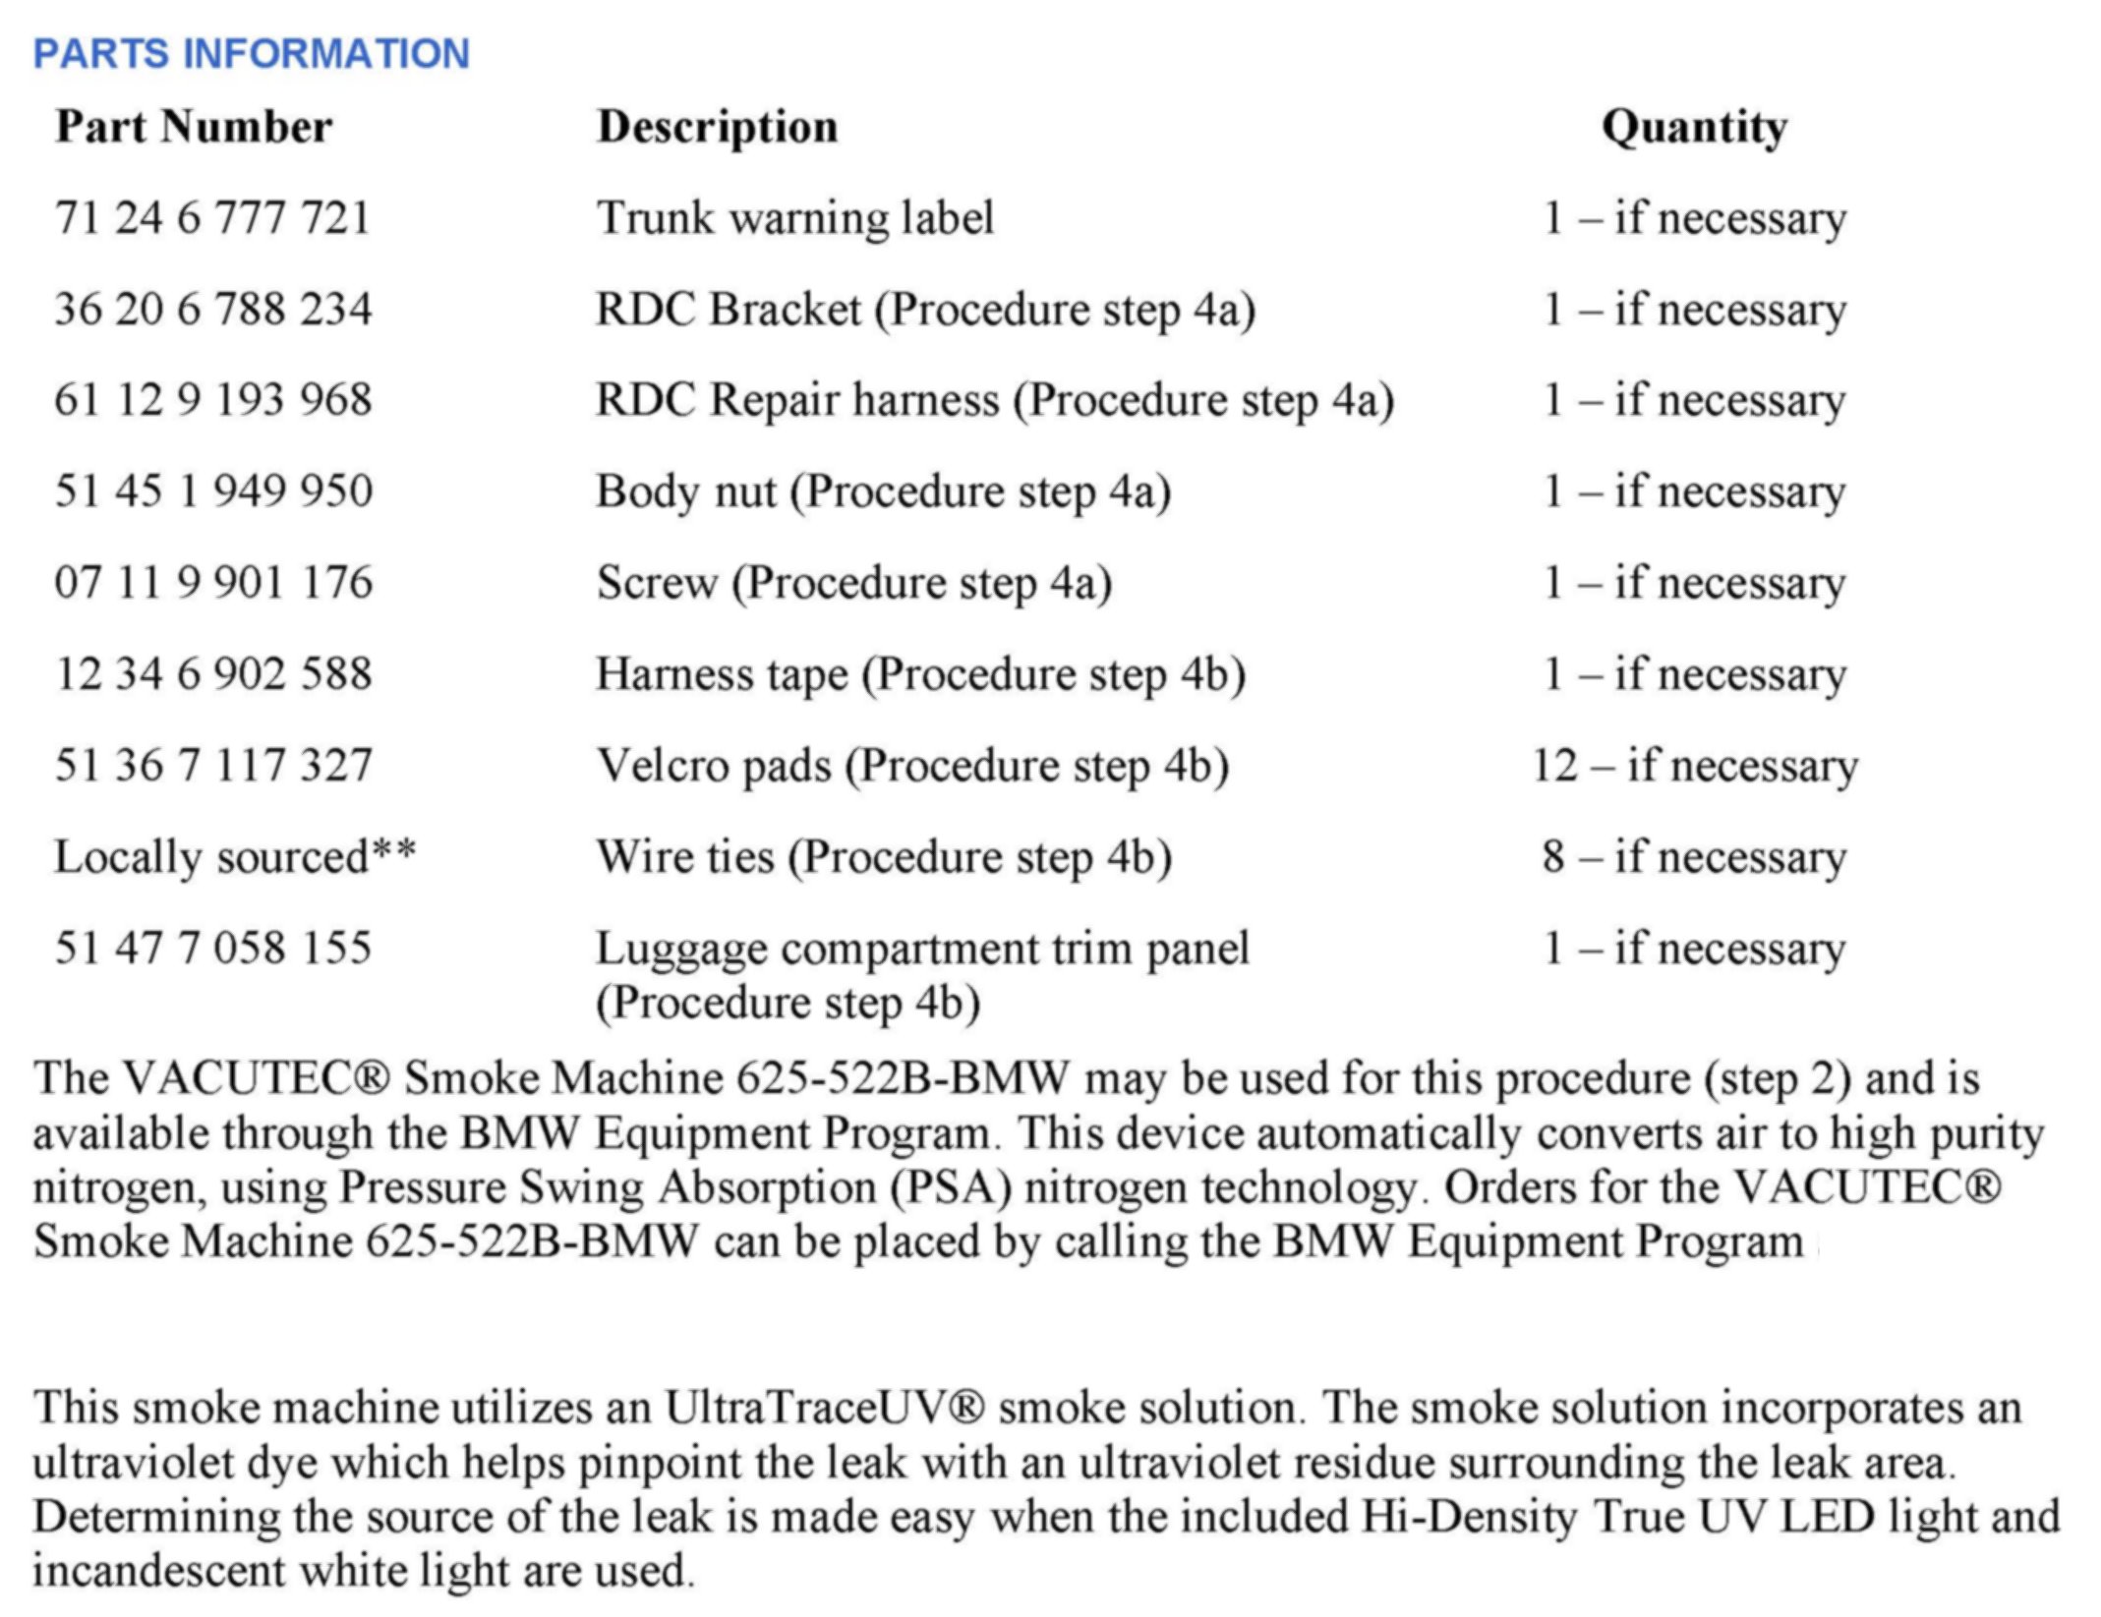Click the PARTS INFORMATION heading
252,53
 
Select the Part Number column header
194,127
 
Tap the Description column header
717,128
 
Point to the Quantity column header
1694,128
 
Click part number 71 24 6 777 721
212,218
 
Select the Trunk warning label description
795,218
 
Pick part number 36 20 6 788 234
213,310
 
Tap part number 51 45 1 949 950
213,491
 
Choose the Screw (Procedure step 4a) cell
854,583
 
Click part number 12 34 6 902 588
213,674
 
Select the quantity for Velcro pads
1695,766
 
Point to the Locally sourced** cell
234,857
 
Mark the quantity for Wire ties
1694,857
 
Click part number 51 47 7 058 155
213,949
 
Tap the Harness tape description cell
921,674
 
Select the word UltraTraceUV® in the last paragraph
825,1408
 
